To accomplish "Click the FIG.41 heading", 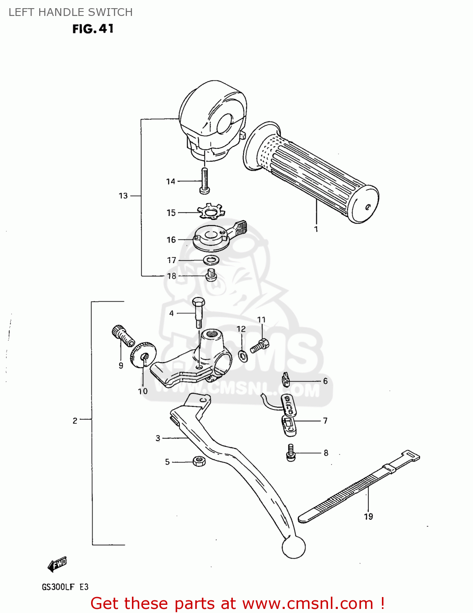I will (x=93, y=29).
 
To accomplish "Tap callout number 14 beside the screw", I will (x=171, y=181).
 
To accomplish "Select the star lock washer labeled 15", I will (x=211, y=211).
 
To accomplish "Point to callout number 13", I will (x=123, y=196).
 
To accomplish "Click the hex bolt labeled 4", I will (x=199, y=312).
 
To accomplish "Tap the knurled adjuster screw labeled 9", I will (x=123, y=335).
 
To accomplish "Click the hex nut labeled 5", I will (x=199, y=461).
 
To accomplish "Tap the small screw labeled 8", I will (x=291, y=453).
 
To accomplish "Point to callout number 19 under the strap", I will (x=368, y=517).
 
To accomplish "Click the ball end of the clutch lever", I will (x=293, y=546).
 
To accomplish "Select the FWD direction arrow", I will (x=57, y=564).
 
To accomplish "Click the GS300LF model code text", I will (x=58, y=587).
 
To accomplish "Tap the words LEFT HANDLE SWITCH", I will (x=71, y=12).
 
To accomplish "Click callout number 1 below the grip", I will (x=316, y=229).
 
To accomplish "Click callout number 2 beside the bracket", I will (x=75, y=421).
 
